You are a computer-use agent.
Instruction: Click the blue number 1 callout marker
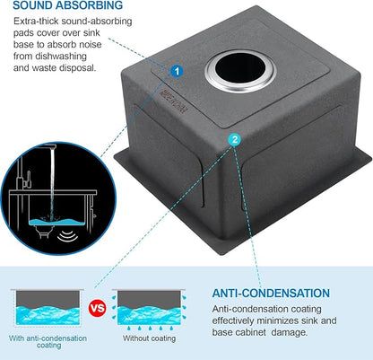[177, 72]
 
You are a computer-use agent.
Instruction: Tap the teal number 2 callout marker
[235, 139]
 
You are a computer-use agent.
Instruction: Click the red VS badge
[98, 308]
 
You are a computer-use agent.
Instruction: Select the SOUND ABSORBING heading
[68, 5]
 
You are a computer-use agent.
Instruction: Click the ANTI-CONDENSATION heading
[271, 293]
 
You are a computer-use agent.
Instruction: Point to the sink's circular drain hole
[240, 71]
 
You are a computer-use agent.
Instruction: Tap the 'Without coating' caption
[150, 338]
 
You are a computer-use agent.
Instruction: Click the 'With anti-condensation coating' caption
[48, 342]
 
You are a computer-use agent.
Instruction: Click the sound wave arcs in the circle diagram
[67, 236]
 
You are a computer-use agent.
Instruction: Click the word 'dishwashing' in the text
[61, 57]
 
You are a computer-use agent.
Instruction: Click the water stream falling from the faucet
[52, 182]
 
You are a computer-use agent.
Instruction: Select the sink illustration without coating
[149, 308]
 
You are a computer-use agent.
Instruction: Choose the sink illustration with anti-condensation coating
[48, 308]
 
